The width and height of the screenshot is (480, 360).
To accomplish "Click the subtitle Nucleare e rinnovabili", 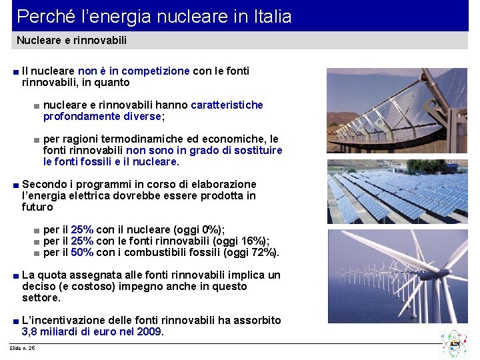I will click(x=71, y=41).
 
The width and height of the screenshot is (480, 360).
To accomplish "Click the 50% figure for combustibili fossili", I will click(x=82, y=252).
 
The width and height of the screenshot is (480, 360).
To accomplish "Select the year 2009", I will click(x=149, y=331).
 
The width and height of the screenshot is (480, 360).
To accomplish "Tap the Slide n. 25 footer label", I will click(x=23, y=348).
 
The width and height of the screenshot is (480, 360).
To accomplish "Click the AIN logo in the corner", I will click(x=455, y=344).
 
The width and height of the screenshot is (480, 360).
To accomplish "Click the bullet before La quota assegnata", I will click(x=15, y=275).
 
